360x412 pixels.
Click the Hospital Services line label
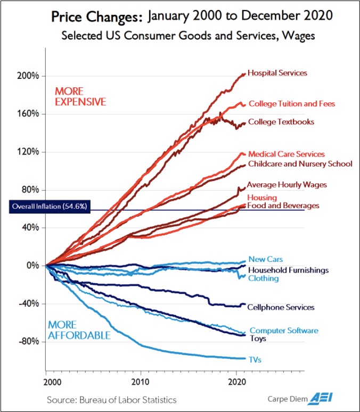point(277,73)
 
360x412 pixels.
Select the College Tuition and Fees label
point(292,104)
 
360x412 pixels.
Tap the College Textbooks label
point(281,122)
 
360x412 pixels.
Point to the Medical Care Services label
point(287,154)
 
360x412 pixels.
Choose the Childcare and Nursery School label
point(300,164)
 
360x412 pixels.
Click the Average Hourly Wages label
point(287,185)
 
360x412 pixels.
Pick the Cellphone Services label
point(281,307)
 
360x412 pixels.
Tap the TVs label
point(255,360)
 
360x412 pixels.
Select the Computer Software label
point(284,331)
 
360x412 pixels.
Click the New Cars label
point(266,259)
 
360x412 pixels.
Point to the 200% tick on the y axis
point(28,76)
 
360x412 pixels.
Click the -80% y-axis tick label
point(29,342)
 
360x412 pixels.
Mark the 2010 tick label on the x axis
point(141,382)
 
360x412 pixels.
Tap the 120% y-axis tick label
point(28,152)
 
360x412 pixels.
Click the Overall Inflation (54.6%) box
point(50,207)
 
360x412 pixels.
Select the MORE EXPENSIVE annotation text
point(80,96)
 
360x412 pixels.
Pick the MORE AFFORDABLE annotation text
point(79,330)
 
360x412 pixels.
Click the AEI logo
point(321,398)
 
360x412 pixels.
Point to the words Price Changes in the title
point(97,17)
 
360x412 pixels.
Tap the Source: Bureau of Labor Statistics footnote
point(111,400)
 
